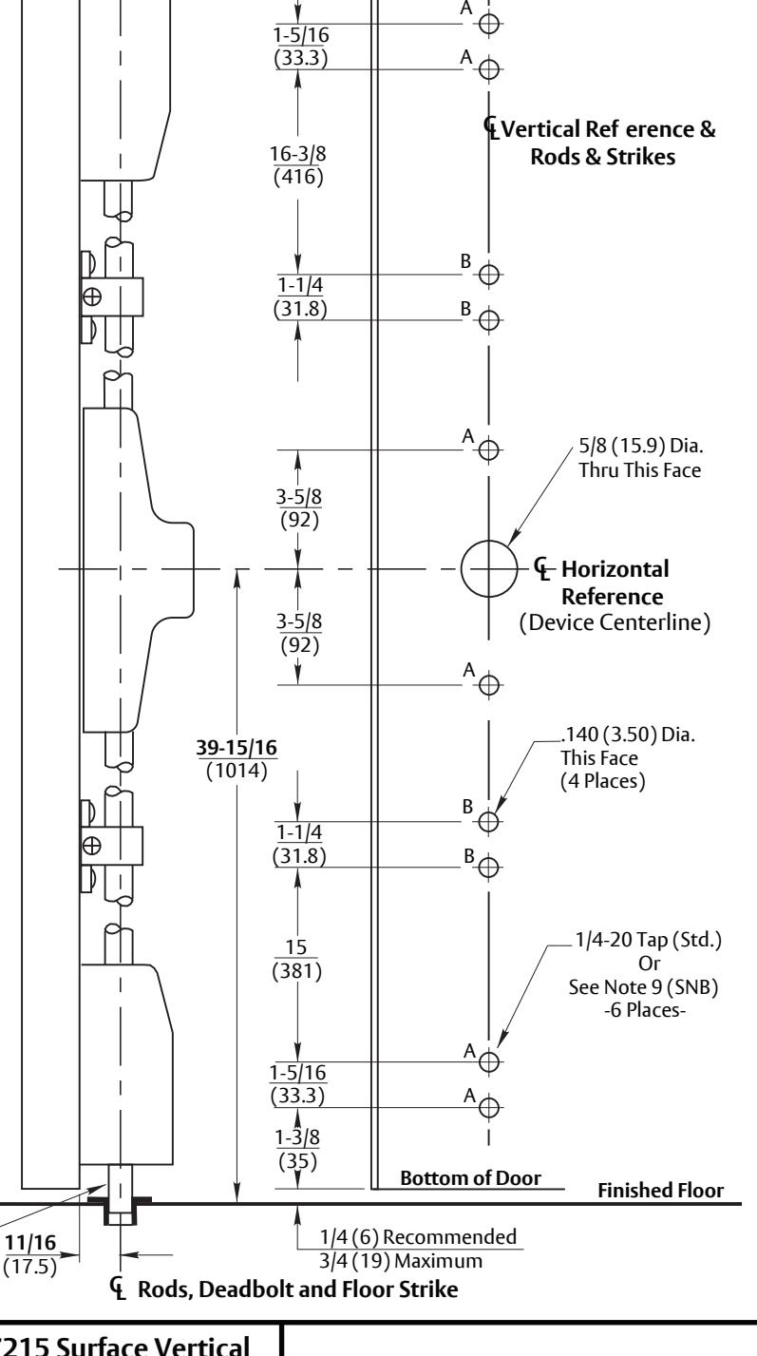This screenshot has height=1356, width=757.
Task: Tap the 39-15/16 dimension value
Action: click(x=237, y=748)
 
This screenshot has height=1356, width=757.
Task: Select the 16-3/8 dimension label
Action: click(x=297, y=154)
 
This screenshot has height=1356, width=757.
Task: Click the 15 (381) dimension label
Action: click(x=296, y=959)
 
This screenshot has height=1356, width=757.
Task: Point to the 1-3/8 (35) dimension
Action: click(x=297, y=1149)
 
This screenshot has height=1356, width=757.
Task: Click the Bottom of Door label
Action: click(x=470, y=1178)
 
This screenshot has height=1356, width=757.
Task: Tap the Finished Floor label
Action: click(x=660, y=1191)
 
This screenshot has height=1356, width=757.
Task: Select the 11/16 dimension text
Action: click(x=30, y=1243)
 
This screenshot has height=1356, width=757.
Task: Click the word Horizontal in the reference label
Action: click(x=615, y=569)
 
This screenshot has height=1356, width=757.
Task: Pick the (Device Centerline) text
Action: click(x=615, y=622)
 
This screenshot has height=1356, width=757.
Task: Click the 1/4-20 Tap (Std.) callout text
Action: click(x=648, y=940)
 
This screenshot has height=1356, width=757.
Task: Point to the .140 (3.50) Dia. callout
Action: click(x=628, y=735)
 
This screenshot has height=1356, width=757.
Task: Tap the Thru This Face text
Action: click(x=639, y=470)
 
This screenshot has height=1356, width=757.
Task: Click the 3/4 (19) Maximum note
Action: click(x=401, y=1261)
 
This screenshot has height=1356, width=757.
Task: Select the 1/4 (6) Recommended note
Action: click(x=418, y=1237)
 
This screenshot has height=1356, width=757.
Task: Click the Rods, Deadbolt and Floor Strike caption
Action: click(x=297, y=1289)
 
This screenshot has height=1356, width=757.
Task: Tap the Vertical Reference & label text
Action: click(x=608, y=129)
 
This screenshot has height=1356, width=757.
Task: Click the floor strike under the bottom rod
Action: click(x=120, y=1210)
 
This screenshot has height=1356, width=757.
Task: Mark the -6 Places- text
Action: click(x=645, y=1010)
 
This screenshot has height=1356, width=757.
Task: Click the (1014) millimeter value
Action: click(x=237, y=772)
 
